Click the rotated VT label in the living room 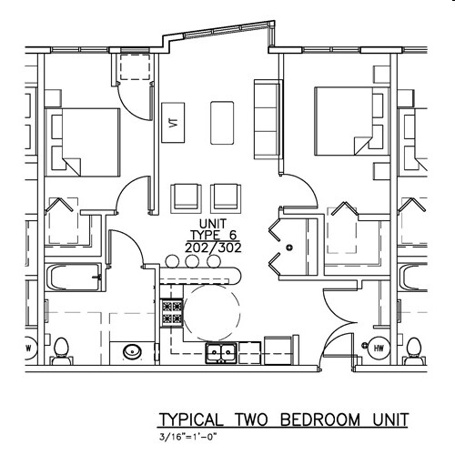(173, 123)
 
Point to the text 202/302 (206, 246)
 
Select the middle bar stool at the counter (195, 261)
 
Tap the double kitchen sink (221, 352)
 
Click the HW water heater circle (376, 347)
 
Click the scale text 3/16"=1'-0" (191, 438)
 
